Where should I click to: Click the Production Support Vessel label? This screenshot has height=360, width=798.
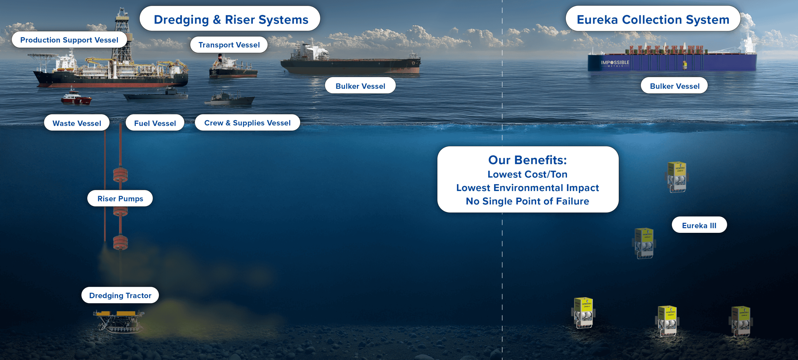pyautogui.click(x=69, y=40)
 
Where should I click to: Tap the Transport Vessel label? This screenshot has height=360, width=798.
pyautogui.click(x=229, y=45)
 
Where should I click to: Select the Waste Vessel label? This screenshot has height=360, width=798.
pyautogui.click(x=77, y=123)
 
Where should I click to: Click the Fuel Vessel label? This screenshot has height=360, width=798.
pyautogui.click(x=155, y=123)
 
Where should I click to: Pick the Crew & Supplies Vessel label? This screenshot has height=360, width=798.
pyautogui.click(x=248, y=122)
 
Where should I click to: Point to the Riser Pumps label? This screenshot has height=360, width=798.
pyautogui.click(x=120, y=198)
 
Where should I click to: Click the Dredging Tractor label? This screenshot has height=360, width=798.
pyautogui.click(x=120, y=295)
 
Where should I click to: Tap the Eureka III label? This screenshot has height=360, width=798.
pyautogui.click(x=699, y=225)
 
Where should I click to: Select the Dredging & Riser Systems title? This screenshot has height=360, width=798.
pyautogui.click(x=231, y=19)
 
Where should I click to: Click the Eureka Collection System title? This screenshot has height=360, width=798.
pyautogui.click(x=653, y=19)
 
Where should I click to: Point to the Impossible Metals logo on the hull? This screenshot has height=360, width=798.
pyautogui.click(x=615, y=63)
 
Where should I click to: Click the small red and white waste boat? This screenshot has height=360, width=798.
pyautogui.click(x=76, y=98)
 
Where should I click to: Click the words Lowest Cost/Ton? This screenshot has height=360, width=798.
pyautogui.click(x=527, y=174)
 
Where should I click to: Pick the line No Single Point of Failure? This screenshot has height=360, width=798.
pyautogui.click(x=527, y=201)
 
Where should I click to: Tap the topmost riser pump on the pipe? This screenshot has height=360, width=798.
pyautogui.click(x=120, y=175)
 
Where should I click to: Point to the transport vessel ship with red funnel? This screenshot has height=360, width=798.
pyautogui.click(x=233, y=66)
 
